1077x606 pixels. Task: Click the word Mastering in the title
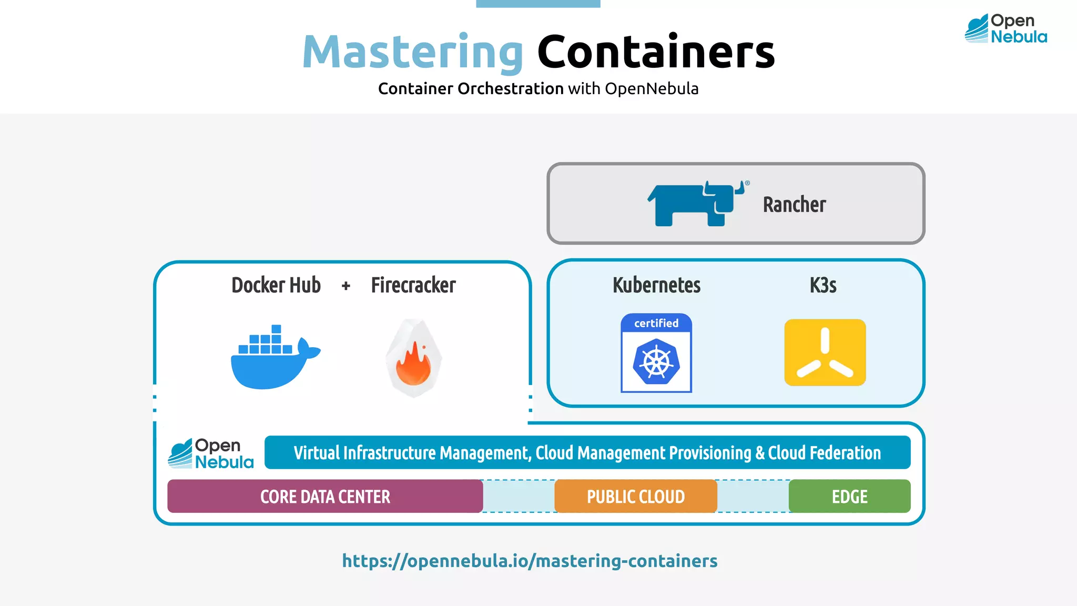click(413, 53)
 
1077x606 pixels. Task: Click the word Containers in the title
click(656, 53)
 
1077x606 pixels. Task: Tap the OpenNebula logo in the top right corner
click(1005, 28)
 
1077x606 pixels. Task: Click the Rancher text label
click(794, 205)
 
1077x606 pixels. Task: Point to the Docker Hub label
click(276, 285)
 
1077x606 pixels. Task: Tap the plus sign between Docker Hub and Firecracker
click(346, 286)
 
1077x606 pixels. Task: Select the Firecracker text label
click(413, 285)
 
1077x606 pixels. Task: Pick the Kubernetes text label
click(656, 285)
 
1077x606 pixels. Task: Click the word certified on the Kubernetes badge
click(656, 323)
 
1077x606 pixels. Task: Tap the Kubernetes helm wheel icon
click(656, 362)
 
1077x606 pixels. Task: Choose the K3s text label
click(823, 285)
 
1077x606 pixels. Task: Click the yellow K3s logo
click(825, 352)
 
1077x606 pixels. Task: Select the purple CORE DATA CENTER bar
click(325, 496)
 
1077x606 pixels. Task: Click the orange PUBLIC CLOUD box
click(635, 496)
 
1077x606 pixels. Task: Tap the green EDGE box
click(849, 496)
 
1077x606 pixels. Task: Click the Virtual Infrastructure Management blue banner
click(587, 452)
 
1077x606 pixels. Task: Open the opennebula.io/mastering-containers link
click(530, 561)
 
